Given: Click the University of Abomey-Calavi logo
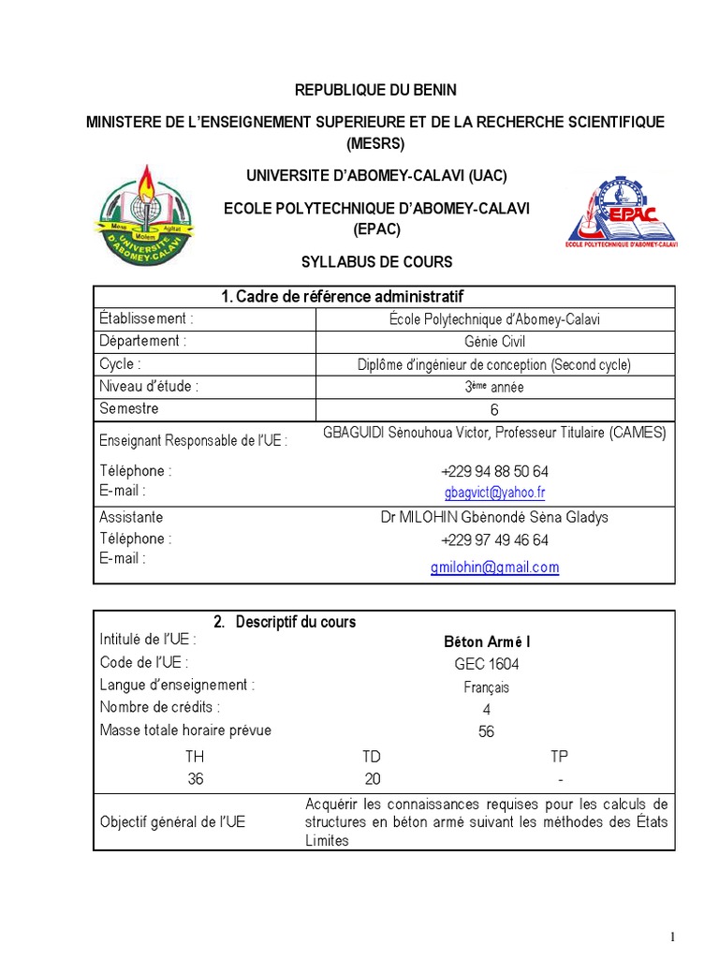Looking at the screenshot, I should [146, 214].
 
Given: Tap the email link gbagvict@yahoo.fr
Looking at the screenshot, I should [494, 492].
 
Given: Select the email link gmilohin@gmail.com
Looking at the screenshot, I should [494, 567].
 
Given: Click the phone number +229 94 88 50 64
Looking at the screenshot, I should [494, 471].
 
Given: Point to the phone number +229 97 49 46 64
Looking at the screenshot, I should [494, 540].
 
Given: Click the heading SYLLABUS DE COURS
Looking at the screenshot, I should [375, 262].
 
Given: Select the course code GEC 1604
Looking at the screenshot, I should [486, 664].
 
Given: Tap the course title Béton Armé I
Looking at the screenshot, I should [486, 642].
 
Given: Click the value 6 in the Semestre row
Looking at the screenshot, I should [494, 410].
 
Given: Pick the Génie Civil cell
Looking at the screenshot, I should [494, 342].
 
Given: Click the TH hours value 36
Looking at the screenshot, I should [195, 779].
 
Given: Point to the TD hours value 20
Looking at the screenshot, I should [372, 779].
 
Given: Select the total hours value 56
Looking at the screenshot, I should [486, 731].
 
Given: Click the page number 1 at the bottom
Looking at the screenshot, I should [672, 937].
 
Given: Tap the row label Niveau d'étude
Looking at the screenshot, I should [149, 386].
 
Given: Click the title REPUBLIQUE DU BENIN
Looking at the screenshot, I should [375, 90].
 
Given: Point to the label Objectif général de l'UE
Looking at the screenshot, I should [172, 821].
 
